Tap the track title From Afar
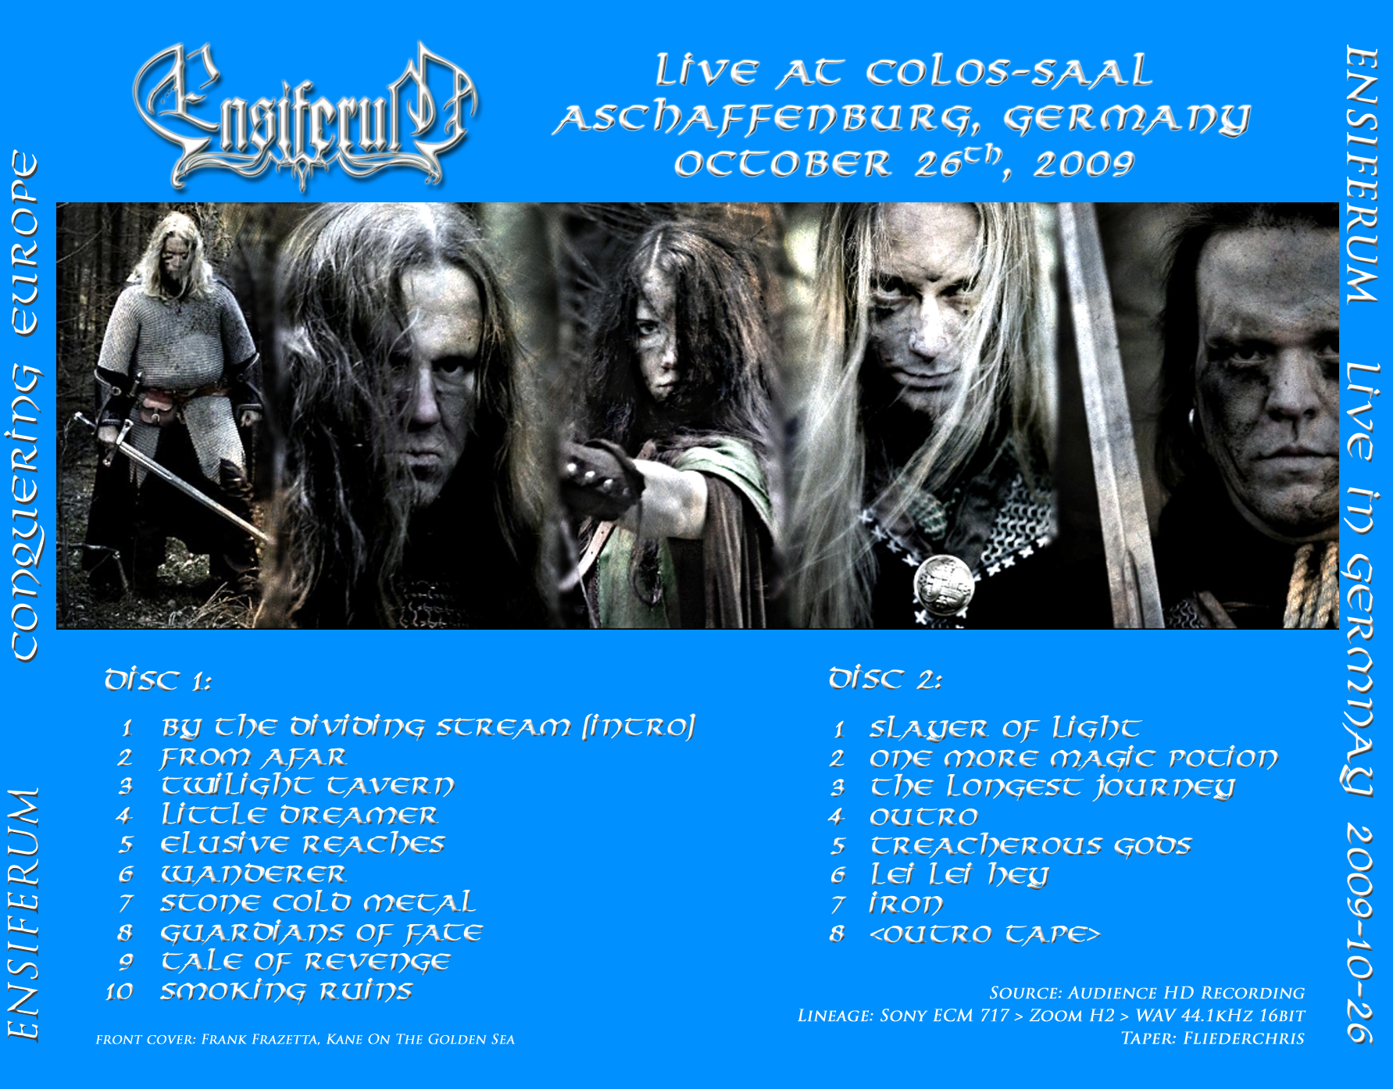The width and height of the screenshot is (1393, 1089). (x=253, y=757)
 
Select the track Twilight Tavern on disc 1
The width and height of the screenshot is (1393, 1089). (x=307, y=785)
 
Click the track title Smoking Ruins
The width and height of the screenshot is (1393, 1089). (x=286, y=991)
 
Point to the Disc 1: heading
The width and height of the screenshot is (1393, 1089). (x=158, y=680)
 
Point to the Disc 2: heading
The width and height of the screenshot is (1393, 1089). (x=885, y=679)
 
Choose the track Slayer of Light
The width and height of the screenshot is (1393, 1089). (x=1005, y=728)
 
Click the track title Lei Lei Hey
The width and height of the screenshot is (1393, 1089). (x=959, y=874)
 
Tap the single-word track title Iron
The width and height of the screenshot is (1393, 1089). (x=906, y=904)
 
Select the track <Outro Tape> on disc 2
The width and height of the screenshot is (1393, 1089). (x=984, y=934)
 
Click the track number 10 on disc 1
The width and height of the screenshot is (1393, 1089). (x=120, y=991)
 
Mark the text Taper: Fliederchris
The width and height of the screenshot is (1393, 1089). (x=1213, y=1038)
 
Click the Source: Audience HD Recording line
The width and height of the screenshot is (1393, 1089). (x=1147, y=993)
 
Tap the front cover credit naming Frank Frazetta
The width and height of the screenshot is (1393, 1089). (x=305, y=1039)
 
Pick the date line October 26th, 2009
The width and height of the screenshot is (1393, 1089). (x=904, y=163)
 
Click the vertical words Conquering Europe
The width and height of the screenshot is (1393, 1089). (x=24, y=405)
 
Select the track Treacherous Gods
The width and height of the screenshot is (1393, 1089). (x=1030, y=845)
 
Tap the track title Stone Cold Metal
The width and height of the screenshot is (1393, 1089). (x=317, y=902)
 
